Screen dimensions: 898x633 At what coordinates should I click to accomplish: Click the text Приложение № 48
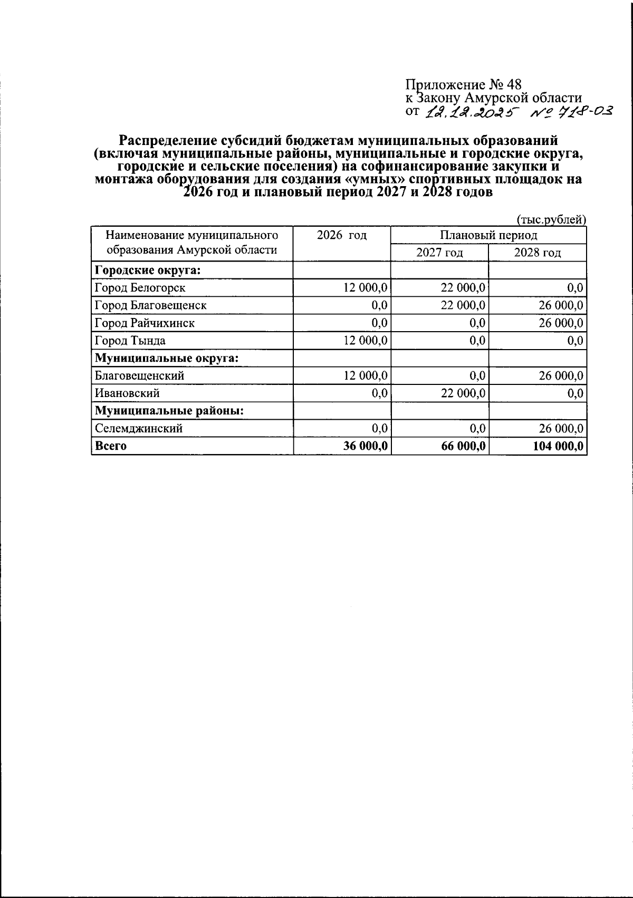[463, 84]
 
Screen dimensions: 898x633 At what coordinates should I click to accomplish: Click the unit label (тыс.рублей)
[551, 220]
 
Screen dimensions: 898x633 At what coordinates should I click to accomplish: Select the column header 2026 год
[342, 235]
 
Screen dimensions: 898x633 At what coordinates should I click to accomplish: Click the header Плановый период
[488, 235]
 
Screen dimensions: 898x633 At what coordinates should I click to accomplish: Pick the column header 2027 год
[439, 253]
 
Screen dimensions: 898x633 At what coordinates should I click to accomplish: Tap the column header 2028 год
[538, 253]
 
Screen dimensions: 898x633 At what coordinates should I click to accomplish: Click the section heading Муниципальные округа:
[167, 358]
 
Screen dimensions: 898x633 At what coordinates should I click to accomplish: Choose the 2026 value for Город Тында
[366, 341]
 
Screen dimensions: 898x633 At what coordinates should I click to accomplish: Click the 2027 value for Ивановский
[463, 393]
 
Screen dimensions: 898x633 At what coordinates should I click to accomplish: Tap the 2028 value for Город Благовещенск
[561, 305]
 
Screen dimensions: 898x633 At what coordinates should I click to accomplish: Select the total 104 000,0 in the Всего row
[558, 446]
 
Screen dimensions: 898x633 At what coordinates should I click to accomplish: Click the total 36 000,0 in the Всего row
[366, 446]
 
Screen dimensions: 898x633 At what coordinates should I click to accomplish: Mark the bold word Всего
[111, 446]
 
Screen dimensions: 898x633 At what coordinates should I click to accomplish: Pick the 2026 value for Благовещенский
[366, 376]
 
